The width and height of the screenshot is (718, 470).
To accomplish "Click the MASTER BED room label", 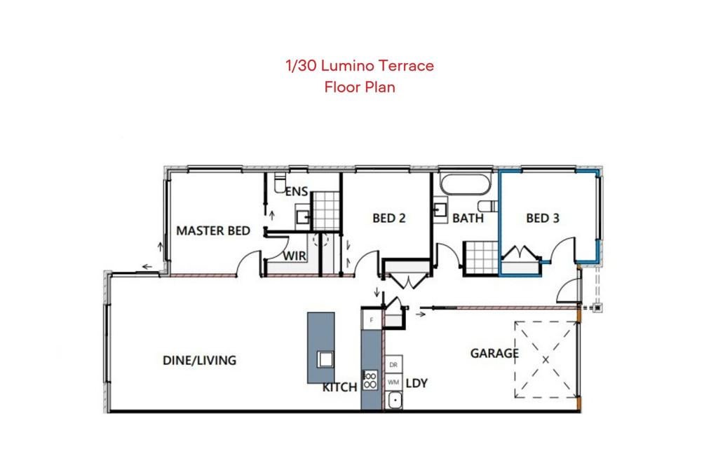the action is click(213, 230).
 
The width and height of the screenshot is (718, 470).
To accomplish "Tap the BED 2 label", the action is click(388, 219).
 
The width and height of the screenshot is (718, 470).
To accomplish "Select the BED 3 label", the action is click(543, 219).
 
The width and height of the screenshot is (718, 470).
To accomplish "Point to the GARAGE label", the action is click(494, 353).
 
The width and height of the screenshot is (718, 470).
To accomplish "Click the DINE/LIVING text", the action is click(200, 361).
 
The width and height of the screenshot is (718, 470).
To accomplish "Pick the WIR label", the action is click(294, 256).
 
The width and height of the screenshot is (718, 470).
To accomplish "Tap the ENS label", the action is click(297, 192).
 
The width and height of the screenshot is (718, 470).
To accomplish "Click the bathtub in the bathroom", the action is click(466, 184).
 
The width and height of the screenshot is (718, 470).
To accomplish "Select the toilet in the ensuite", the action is click(279, 183).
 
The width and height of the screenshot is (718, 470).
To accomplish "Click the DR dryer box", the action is click(393, 365).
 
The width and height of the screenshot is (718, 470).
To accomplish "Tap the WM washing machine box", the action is click(393, 382).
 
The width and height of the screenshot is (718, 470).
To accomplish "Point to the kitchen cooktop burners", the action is click(370, 380).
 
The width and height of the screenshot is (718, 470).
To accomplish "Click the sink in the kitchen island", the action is click(325, 359).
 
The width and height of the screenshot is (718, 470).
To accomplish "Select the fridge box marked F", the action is click(372, 320).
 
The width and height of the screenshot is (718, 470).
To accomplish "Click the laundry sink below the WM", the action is click(394, 401).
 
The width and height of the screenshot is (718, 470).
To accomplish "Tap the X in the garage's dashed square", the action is click(546, 360).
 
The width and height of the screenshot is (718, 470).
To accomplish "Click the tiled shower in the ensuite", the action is click(325, 211).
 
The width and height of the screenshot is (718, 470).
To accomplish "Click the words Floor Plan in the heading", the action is click(360, 87).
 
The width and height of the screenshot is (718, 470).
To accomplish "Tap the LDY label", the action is click(416, 383).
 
